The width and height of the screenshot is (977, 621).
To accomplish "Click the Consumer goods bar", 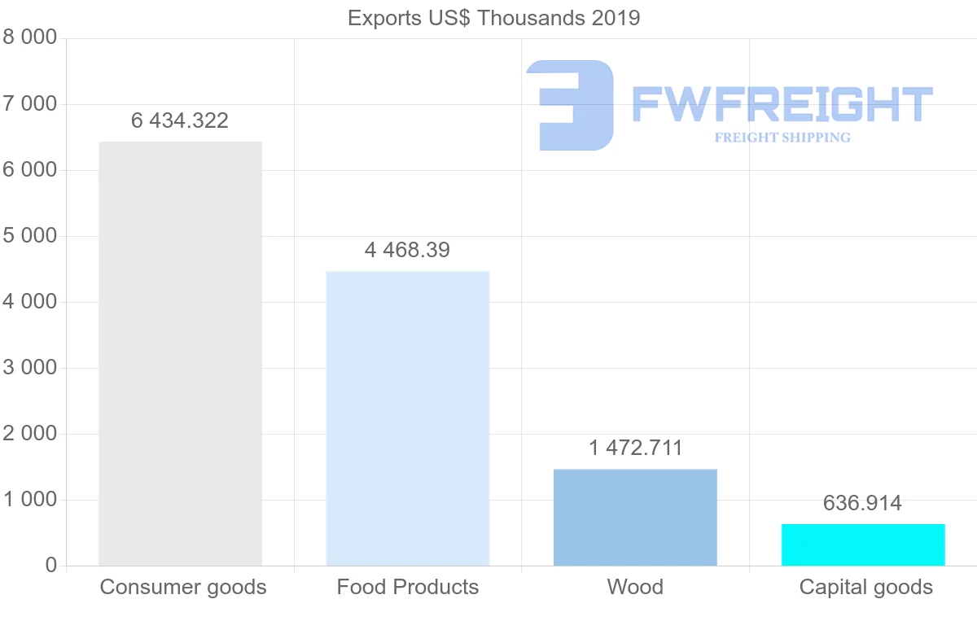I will (180, 353).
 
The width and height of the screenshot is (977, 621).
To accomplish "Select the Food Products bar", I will (407, 418).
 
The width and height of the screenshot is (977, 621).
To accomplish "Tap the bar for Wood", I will (635, 517).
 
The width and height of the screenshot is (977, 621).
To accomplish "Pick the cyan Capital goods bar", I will (863, 544).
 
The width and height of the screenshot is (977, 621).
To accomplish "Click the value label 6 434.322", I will (180, 121).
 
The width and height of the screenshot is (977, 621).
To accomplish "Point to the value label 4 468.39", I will (407, 250).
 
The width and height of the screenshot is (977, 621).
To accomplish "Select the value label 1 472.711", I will (635, 448).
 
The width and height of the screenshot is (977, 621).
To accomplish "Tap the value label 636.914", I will (862, 503).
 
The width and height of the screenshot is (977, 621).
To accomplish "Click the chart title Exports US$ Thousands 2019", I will (493, 18).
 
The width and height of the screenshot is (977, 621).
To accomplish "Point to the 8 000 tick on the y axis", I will (30, 38).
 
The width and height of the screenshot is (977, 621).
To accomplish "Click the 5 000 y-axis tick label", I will (30, 236).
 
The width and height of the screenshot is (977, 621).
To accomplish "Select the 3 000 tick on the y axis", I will (30, 368).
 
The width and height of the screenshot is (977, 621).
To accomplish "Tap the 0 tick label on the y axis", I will (51, 566).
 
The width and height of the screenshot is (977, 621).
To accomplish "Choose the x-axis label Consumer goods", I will (183, 587).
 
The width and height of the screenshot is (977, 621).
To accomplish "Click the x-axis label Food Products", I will (408, 587).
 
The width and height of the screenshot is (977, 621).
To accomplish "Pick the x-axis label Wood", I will (635, 587).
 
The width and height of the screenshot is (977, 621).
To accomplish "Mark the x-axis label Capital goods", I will (866, 587).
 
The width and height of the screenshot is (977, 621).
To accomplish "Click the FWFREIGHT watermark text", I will (782, 104).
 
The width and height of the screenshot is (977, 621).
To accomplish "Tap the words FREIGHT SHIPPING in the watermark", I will (782, 138).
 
